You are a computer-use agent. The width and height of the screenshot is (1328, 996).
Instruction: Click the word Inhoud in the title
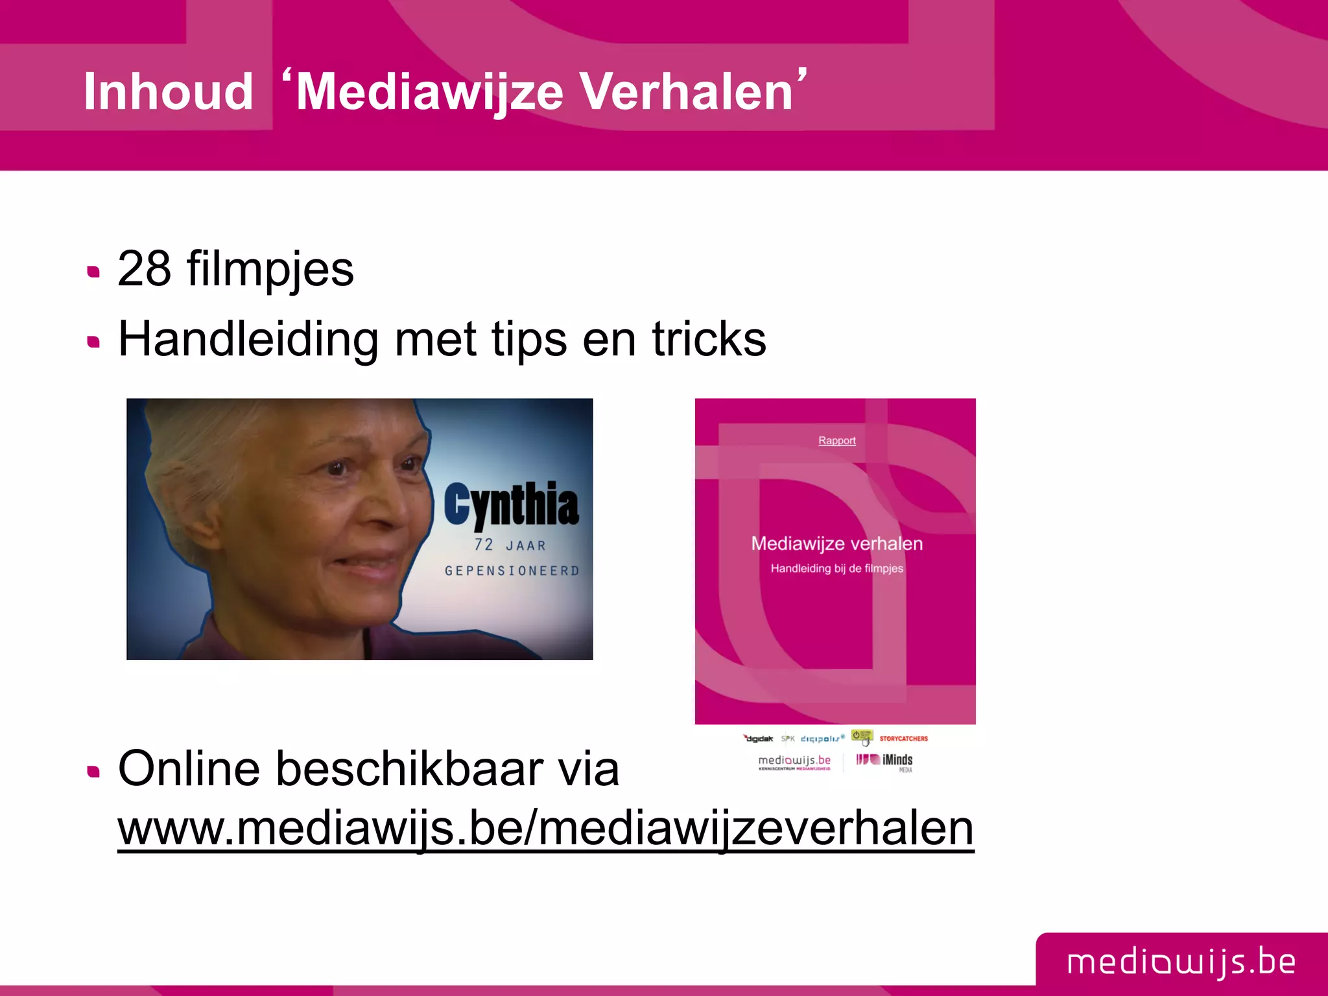pyautogui.click(x=168, y=91)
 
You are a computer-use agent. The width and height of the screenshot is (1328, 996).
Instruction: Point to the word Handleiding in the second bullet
pyautogui.click(x=248, y=338)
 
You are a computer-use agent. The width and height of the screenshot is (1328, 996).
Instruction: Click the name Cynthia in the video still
pyautogui.click(x=511, y=504)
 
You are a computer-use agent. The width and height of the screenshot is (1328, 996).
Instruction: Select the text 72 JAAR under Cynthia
pyautogui.click(x=510, y=545)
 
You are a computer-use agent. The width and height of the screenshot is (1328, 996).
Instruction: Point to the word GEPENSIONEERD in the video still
pyautogui.click(x=512, y=571)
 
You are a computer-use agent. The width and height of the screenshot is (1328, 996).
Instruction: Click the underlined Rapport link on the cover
pyautogui.click(x=836, y=441)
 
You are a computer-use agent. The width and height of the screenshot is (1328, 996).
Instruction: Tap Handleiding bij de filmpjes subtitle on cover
pyautogui.click(x=836, y=569)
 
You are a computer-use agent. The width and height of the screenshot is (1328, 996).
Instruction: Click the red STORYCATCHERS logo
pyautogui.click(x=903, y=739)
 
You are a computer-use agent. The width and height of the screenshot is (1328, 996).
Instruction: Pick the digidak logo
pyautogui.click(x=758, y=739)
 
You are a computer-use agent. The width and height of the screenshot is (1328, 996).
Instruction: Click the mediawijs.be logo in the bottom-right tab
pyautogui.click(x=1181, y=962)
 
